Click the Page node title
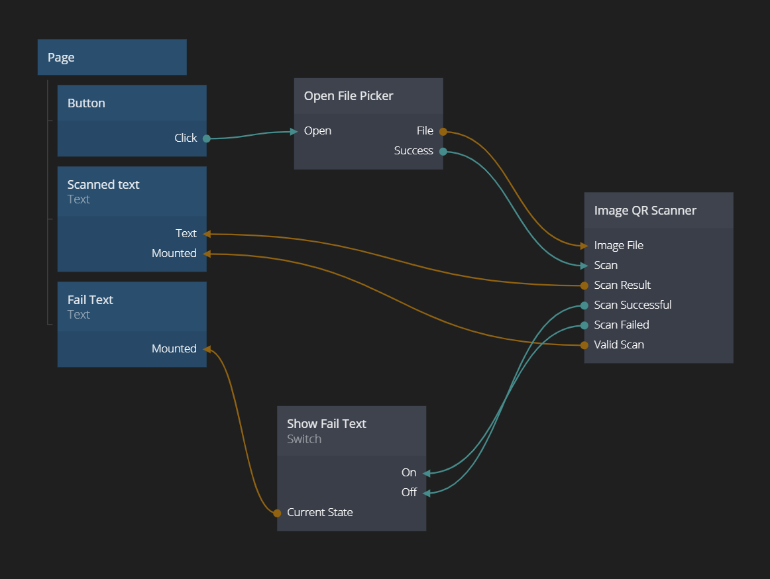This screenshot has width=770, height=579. point(61,58)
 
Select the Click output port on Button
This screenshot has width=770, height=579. point(207,138)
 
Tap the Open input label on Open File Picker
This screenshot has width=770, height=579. point(317,131)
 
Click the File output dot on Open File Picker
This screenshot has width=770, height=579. point(443,132)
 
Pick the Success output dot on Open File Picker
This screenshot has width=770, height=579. point(443,152)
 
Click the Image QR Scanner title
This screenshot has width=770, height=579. point(645,211)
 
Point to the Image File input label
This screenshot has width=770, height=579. point(618,246)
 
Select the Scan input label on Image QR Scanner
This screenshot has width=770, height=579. point(606,266)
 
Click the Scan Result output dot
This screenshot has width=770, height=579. point(584,286)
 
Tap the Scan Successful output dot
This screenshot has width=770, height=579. point(584,305)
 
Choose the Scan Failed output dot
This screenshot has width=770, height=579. point(584,325)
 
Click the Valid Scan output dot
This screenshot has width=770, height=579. point(584,345)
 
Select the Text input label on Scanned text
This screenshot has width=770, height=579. point(186,234)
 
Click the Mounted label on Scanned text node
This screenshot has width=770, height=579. point(174,254)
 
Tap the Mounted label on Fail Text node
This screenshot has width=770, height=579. point(174,349)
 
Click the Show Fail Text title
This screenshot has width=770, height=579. point(326,424)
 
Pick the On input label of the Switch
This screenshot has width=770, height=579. point(409,473)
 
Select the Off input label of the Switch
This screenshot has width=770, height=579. point(409,493)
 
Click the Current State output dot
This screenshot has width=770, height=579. point(277,513)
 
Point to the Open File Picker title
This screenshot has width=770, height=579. point(349,96)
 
